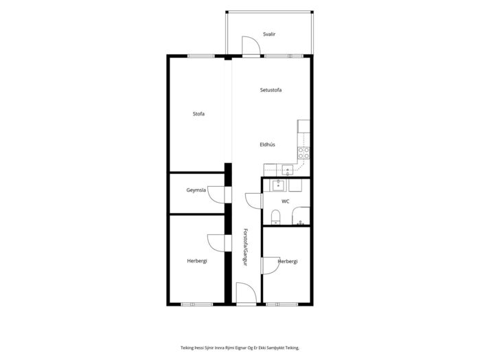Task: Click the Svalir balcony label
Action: [x=269, y=34]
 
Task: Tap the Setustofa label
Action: [x=271, y=90]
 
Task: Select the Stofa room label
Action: [x=198, y=113]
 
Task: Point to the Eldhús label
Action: [x=267, y=144]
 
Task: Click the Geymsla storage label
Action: [x=196, y=190]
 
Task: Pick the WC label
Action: [x=285, y=201]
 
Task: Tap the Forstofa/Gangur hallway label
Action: [x=245, y=247]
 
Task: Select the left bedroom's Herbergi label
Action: [x=197, y=261]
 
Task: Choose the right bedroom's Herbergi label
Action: [x=288, y=261]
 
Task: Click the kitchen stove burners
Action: [x=304, y=153]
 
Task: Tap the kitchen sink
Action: [x=288, y=170]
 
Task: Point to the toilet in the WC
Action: [x=275, y=217]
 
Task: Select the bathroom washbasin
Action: [x=278, y=185]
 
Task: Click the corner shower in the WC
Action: [x=301, y=216]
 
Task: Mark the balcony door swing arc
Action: [x=251, y=45]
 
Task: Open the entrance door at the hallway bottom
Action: [x=247, y=293]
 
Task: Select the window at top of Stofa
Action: [x=201, y=56]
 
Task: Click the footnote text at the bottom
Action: [x=240, y=348]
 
